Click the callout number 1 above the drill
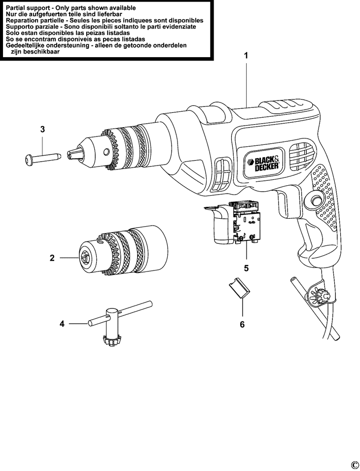click(x=246, y=56)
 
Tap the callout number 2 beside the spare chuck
click(x=52, y=257)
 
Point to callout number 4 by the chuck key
click(x=62, y=324)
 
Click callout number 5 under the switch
click(x=246, y=269)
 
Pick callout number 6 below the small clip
click(x=242, y=324)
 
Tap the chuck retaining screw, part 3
click(x=41, y=158)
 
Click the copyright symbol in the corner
click(x=354, y=465)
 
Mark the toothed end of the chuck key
click(x=112, y=340)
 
